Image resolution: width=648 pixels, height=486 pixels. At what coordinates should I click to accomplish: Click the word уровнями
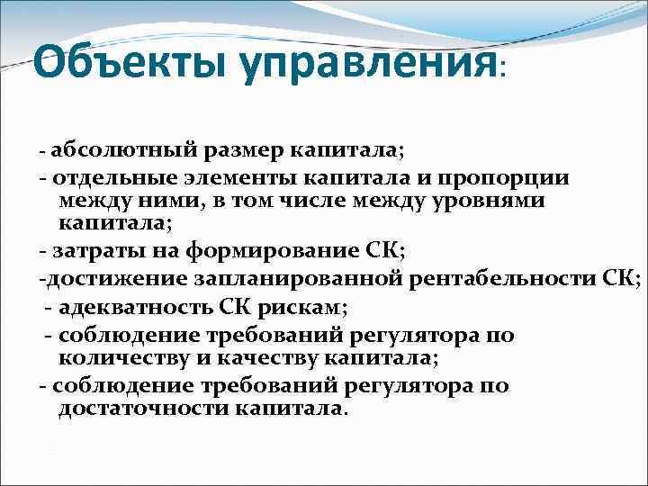[x=491, y=200]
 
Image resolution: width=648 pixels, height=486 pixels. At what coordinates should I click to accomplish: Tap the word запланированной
[x=282, y=280]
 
